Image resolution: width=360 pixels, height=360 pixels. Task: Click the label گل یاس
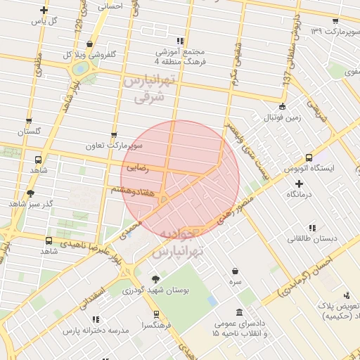click(x=44, y=20)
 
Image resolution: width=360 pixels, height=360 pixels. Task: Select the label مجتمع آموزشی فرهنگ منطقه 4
click(x=181, y=56)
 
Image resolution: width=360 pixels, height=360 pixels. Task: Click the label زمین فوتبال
click(x=281, y=117)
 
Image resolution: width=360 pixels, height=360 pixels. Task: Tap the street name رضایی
click(x=138, y=169)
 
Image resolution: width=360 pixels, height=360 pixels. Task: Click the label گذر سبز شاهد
click(x=30, y=203)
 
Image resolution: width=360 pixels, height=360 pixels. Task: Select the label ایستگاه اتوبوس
click(x=309, y=169)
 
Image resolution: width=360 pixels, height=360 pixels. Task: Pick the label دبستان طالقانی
click(x=311, y=238)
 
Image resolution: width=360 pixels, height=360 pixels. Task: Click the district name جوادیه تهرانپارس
click(x=179, y=241)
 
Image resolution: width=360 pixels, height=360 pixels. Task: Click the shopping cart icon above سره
click(x=235, y=271)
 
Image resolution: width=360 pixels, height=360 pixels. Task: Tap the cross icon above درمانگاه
click(x=298, y=184)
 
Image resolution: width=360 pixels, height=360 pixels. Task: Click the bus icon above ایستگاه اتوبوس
click(x=309, y=159)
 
